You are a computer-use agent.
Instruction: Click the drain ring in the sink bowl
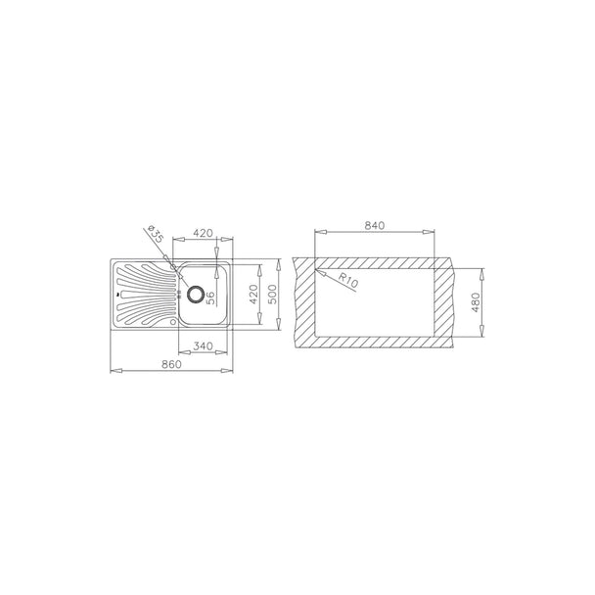[x=196, y=295]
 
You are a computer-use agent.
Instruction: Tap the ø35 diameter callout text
[x=156, y=233]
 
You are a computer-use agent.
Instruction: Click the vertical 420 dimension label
[x=253, y=295]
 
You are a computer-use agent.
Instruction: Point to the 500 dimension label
[x=273, y=295]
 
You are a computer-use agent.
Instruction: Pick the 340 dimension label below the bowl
[x=203, y=346]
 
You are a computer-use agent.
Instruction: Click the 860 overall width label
[x=171, y=364]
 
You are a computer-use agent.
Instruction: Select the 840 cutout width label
[x=375, y=225]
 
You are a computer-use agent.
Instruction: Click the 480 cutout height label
[x=476, y=302]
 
